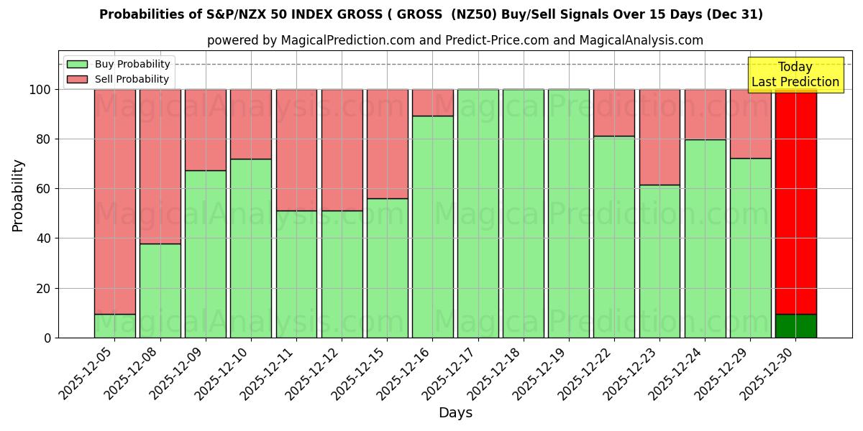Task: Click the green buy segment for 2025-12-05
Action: pos(114,326)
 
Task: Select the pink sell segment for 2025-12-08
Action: pos(160,166)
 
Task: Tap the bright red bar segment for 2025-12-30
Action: pos(795,201)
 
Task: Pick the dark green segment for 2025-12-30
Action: pos(795,326)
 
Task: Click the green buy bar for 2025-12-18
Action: pos(523,213)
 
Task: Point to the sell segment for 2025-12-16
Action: pos(432,103)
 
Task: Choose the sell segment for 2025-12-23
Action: pos(659,137)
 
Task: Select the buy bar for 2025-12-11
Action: pos(296,274)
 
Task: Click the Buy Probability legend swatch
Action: pos(77,64)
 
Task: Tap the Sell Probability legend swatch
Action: pos(77,79)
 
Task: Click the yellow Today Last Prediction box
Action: pos(795,75)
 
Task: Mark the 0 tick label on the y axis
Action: pos(47,338)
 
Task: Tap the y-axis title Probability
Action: pos(18,195)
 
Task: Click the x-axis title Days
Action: pos(455,413)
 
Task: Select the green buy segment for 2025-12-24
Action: pos(705,238)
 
